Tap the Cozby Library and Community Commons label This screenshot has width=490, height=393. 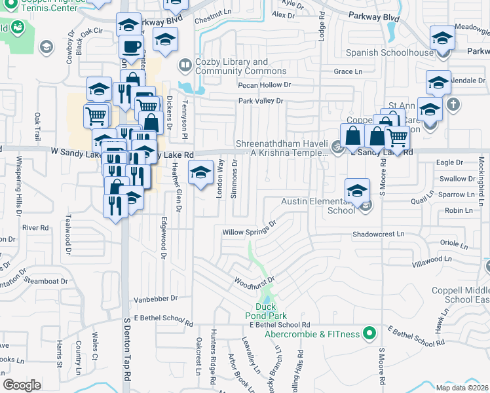click(231, 66)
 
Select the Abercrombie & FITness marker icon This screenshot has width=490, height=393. click(369, 334)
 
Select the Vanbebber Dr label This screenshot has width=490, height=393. click(156, 298)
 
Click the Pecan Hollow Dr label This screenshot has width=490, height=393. click(265, 85)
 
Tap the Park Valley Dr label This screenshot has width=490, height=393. click(260, 101)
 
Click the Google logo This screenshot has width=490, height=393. click(21, 385)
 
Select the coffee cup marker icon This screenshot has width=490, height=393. click(132, 47)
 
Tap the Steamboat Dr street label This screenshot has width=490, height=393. click(41, 280)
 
